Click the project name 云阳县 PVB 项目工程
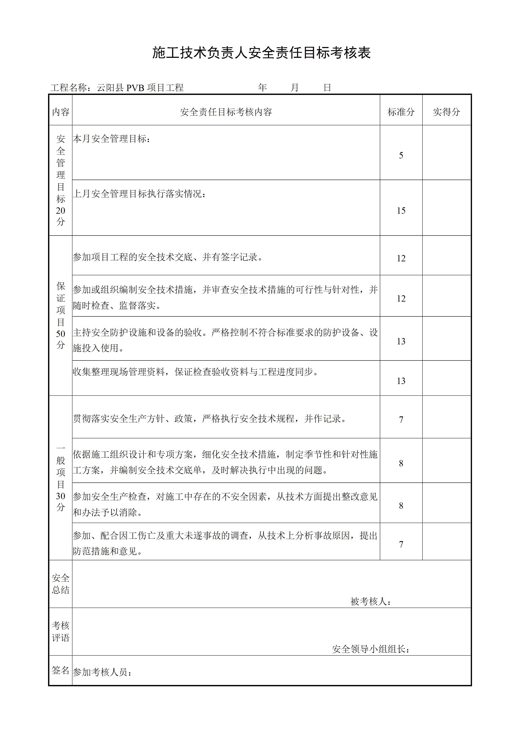coord(140,88)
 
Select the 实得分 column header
coord(446,112)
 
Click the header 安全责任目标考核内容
coord(226,112)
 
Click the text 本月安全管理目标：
coord(112,139)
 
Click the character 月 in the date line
coord(294,88)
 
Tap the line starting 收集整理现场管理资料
coord(195,372)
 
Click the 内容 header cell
coord(61,112)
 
